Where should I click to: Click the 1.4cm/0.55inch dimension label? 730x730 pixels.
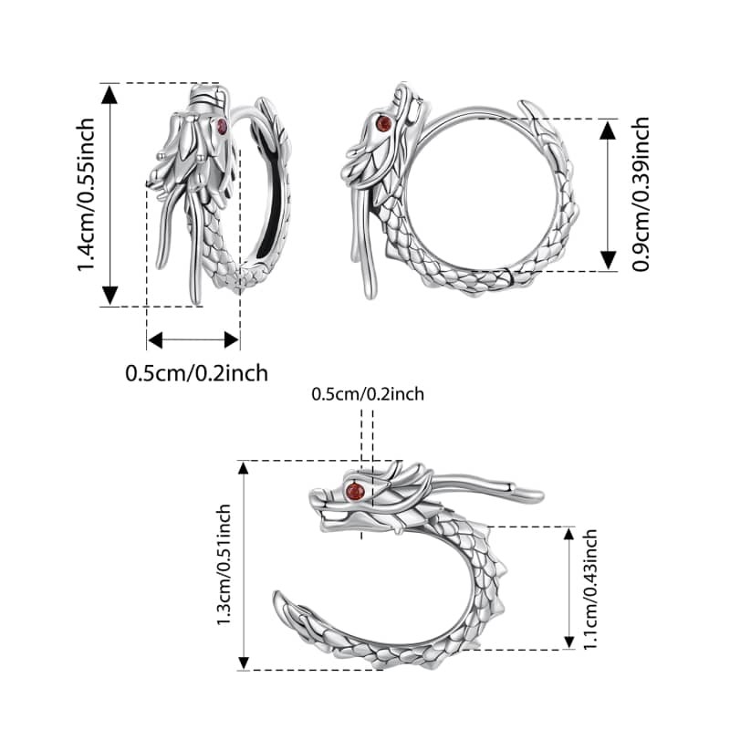tap(86, 194)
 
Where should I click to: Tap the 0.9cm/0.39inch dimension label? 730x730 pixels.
tap(641, 193)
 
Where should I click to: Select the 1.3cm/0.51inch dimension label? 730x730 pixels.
tap(224, 564)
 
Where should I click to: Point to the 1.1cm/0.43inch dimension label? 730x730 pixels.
tap(589, 589)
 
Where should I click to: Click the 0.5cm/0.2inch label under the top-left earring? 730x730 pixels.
tap(196, 373)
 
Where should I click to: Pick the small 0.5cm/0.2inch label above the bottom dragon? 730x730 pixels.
tap(368, 394)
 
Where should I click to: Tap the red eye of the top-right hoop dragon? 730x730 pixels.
tap(384, 123)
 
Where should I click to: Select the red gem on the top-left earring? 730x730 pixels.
tap(222, 126)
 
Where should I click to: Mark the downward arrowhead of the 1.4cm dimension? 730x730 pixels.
tap(109, 295)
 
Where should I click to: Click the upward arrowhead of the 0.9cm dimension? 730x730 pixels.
tap(608, 130)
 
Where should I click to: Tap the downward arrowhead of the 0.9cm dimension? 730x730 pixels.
tap(608, 260)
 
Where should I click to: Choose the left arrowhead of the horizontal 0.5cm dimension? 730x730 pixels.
tap(155, 339)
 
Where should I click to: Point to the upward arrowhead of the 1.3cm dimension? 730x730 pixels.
tap(244, 468)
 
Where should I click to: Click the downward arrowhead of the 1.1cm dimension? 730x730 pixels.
tap(568, 642)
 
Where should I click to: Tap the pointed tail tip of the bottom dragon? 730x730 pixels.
tap(277, 595)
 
